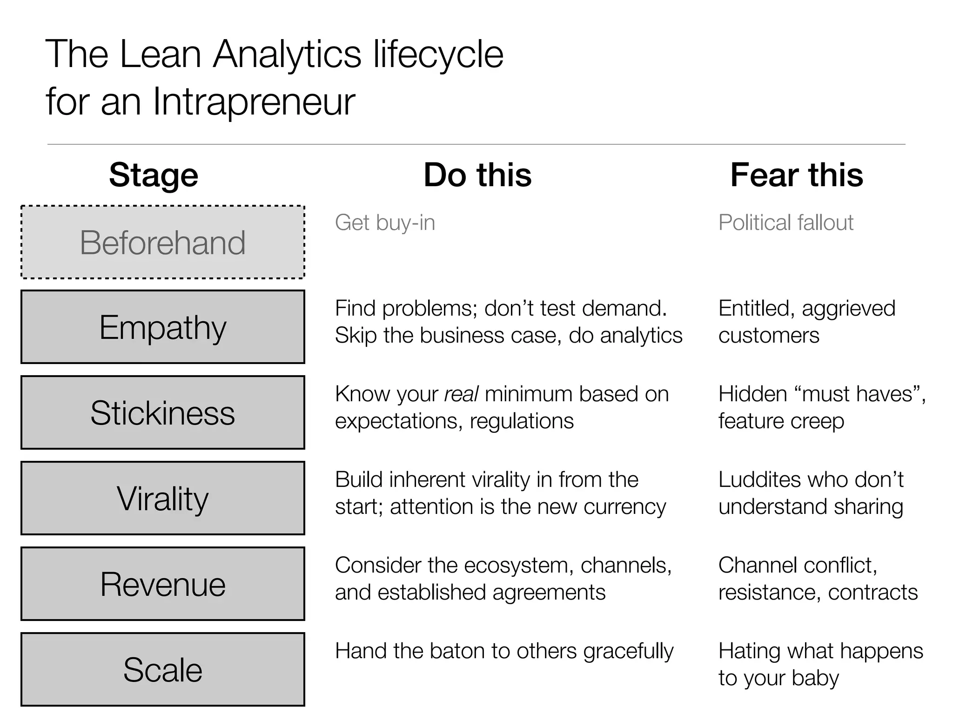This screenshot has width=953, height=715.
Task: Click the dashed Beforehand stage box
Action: pos(163,242)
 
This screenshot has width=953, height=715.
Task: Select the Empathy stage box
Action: pos(163,327)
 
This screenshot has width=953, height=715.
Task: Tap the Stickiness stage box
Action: pos(163,412)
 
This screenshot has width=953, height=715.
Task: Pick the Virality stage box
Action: pos(163,498)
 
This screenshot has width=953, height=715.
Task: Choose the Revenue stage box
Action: pos(163,584)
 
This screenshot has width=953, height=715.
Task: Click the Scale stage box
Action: pos(163,669)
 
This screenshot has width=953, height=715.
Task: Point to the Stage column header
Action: pos(154,175)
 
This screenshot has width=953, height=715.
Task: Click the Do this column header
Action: pos(477,175)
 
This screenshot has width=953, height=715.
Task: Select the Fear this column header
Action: pos(797,175)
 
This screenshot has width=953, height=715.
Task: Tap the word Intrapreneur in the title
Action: pos(254,101)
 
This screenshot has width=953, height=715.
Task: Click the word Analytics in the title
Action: pos(287,54)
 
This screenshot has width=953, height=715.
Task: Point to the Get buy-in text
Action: pos(385,223)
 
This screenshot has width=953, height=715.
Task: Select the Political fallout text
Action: pos(785,223)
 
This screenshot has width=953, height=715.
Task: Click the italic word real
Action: pos(461,394)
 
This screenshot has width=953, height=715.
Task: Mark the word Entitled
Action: pos(753,308)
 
